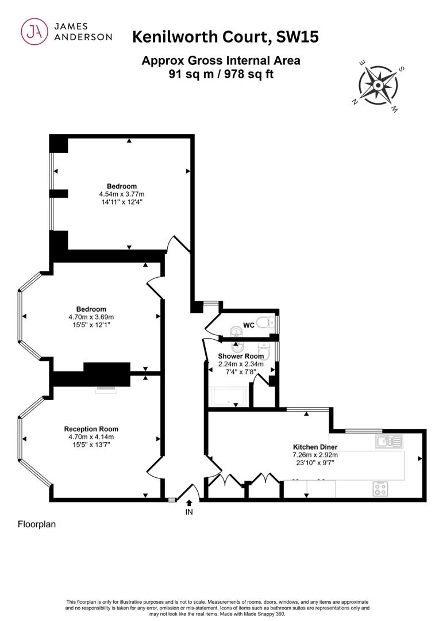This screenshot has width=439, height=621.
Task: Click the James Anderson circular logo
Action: click(x=34, y=32)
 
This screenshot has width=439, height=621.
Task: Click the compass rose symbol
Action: click(x=378, y=85)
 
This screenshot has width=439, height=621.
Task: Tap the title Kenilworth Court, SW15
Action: click(x=225, y=37)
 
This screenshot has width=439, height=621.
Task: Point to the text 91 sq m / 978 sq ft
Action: click(x=221, y=74)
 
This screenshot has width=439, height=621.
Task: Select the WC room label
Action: click(x=249, y=325)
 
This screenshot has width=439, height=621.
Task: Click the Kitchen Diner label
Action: click(x=315, y=447)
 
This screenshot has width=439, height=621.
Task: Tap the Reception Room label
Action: click(x=91, y=429)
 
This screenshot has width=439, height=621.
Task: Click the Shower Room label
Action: click(x=241, y=356)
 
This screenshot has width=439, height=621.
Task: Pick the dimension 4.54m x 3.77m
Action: click(x=121, y=194)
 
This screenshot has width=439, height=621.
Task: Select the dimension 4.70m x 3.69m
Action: click(x=91, y=317)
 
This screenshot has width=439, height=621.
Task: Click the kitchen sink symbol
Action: click(x=389, y=441)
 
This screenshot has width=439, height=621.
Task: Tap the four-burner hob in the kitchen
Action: click(x=380, y=489)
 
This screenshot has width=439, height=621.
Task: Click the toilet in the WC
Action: click(x=265, y=324)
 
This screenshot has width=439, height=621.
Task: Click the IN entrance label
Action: click(x=189, y=512)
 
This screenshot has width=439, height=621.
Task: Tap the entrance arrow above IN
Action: click(x=189, y=502)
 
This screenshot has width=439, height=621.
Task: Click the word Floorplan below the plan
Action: click(x=37, y=524)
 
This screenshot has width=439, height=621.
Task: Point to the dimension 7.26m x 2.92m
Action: click(x=315, y=455)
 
